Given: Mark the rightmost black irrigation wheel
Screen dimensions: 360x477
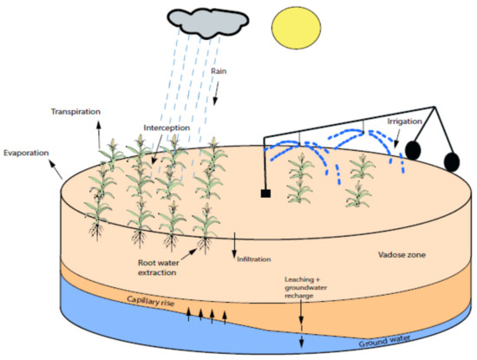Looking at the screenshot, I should coord(452,161).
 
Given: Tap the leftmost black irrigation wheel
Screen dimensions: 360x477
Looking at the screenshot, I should coord(414,150).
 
